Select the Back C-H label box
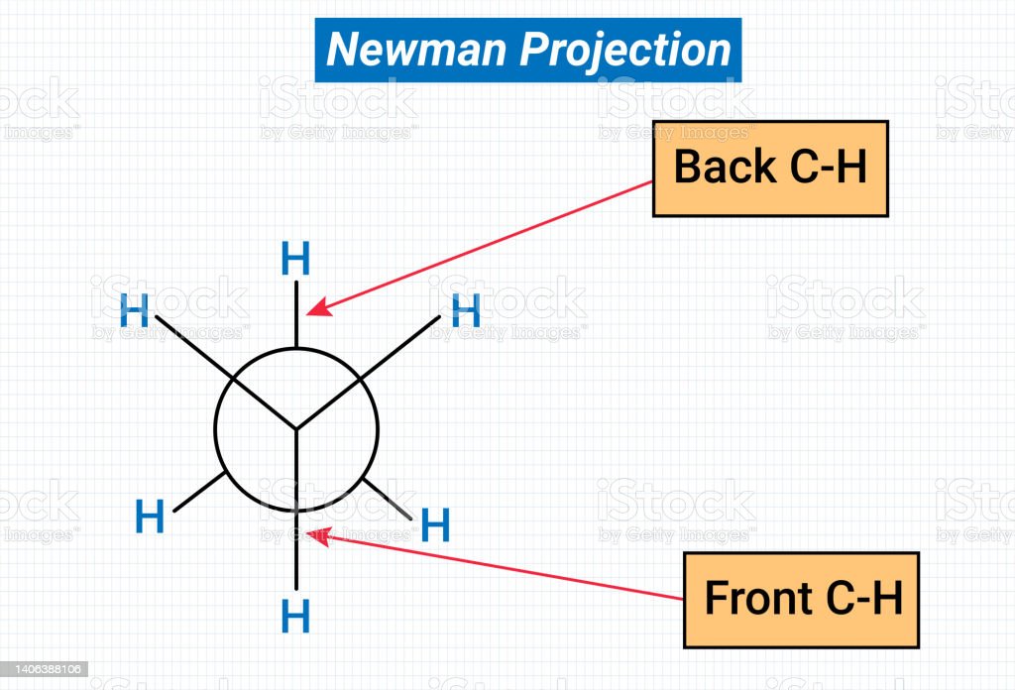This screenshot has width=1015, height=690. point(770,169)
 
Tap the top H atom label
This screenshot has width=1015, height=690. point(295,260)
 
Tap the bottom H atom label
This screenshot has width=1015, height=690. point(295,616)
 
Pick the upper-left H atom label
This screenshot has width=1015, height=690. point(134,311)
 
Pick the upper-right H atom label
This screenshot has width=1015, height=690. point(466,311)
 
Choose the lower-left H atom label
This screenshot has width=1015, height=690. point(150,517)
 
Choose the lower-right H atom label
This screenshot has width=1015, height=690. point(435,524)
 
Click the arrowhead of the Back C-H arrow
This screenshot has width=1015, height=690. point(314,311)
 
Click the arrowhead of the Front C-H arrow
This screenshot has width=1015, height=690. point(316,535)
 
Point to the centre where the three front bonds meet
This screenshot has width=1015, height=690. point(296,429)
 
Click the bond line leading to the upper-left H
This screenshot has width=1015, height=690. point(193,347)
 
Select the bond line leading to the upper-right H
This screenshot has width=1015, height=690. point(400,346)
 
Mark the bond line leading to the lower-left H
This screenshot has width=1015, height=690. point(199,492)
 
